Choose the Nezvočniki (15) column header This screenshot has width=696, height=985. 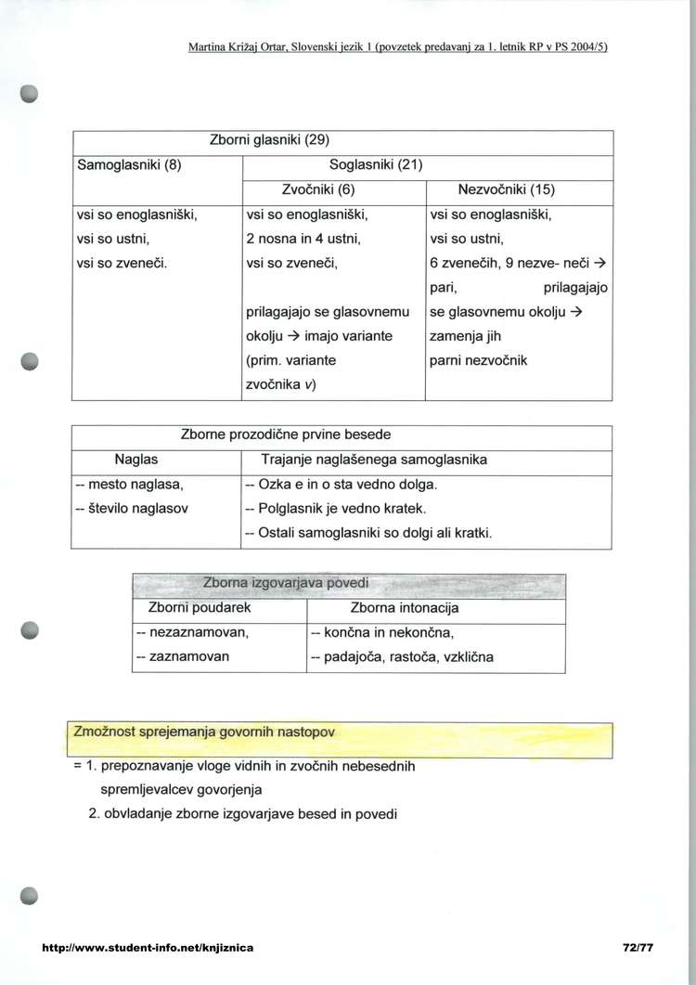pyautogui.click(x=507, y=190)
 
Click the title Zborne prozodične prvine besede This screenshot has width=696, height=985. pyautogui.click(x=285, y=434)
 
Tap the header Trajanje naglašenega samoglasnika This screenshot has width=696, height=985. pyautogui.click(x=375, y=460)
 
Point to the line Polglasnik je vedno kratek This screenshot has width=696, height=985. pyautogui.click(x=335, y=509)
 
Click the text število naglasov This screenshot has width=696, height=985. pyautogui.click(x=135, y=509)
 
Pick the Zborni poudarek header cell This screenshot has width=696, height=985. pyautogui.click(x=200, y=608)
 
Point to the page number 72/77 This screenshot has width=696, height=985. pyautogui.click(x=639, y=948)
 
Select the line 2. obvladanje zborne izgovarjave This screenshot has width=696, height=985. pyautogui.click(x=250, y=814)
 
